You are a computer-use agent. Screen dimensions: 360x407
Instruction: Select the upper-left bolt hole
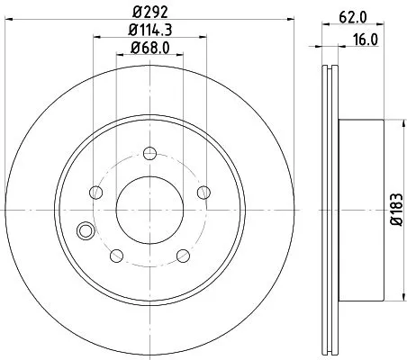click(95, 192)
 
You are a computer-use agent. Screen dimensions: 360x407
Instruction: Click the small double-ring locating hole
click(86, 230)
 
